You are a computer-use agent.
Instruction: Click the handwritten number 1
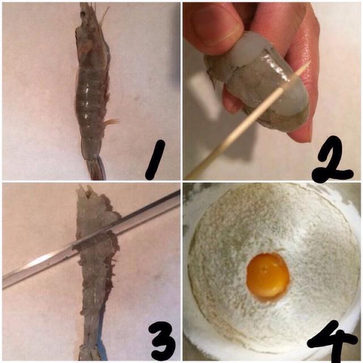(x=155, y=160)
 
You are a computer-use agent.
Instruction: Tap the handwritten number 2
(x=332, y=160)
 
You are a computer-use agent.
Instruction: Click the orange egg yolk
(x=268, y=276)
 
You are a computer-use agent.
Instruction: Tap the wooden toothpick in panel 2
(x=248, y=120)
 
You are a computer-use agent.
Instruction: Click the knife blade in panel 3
(x=91, y=238)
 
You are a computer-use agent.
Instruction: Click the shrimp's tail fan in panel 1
(x=96, y=168)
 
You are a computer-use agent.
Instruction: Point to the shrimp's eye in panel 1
(x=83, y=14)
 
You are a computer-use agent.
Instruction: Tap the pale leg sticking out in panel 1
(x=111, y=121)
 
